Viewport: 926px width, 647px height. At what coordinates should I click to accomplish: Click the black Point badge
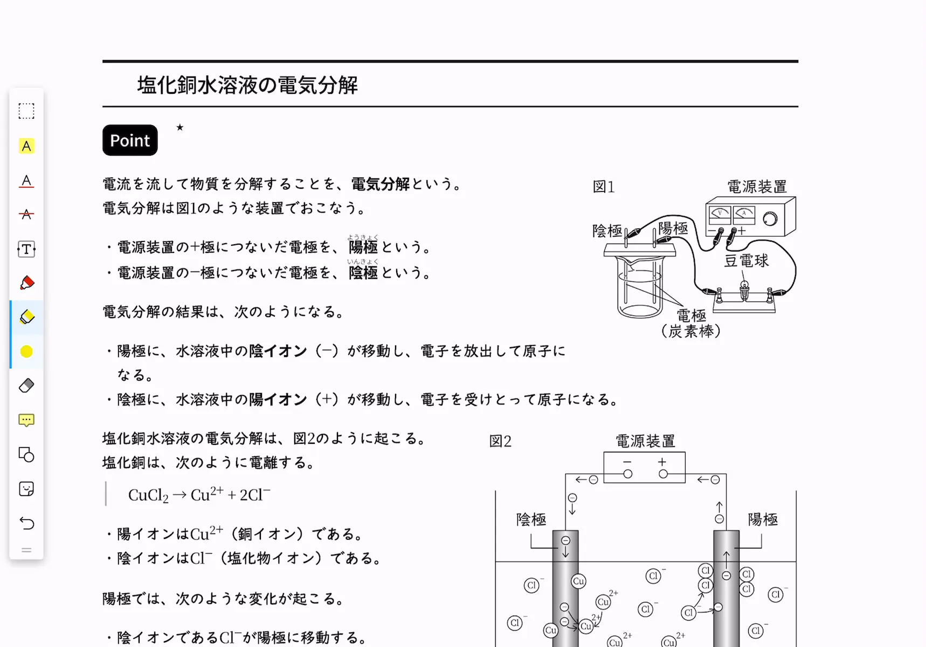130,140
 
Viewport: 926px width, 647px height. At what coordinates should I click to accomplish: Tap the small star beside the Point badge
180,127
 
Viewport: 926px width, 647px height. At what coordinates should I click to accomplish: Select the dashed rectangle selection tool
26,111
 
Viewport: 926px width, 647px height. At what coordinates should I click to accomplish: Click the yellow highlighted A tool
26,146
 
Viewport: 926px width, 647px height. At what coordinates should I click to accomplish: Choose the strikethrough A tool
26,215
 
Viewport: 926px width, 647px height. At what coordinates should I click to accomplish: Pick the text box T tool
26,249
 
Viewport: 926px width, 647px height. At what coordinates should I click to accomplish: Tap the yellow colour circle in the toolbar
26,352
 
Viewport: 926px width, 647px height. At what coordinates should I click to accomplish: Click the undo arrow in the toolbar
26,523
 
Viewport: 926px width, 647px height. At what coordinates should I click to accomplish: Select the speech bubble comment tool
26,420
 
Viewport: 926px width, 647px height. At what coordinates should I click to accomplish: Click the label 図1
604,187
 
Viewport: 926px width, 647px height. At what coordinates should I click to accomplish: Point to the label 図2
500,441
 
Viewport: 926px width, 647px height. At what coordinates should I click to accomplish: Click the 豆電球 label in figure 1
746,261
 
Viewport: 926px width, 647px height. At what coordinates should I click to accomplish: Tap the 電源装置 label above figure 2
645,441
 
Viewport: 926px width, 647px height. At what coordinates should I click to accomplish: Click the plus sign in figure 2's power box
662,462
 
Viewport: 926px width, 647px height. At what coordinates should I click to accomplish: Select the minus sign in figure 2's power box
627,462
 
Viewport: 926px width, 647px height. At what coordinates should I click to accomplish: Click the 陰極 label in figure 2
531,519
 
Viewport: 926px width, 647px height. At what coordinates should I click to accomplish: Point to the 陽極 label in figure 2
763,519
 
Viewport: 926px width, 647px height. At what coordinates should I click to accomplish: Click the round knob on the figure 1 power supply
771,218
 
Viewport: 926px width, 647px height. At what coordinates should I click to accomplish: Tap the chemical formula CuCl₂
148,495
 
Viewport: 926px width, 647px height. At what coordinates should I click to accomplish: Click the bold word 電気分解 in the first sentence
381,184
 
